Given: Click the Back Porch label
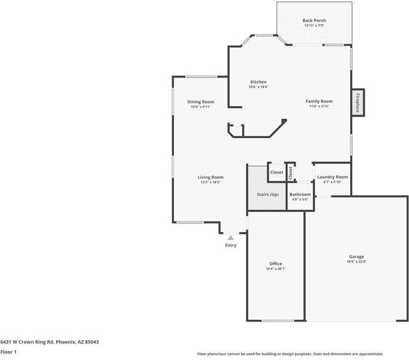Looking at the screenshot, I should click(x=314, y=20).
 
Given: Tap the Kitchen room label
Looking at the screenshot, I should click(x=258, y=82).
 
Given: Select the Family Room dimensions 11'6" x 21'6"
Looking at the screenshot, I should click(x=319, y=107).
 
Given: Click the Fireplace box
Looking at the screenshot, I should click(x=357, y=103).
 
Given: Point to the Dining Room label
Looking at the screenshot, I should click(x=200, y=102).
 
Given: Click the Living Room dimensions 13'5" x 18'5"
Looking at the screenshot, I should click(x=210, y=182).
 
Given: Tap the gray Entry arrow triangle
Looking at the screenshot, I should click(x=230, y=238).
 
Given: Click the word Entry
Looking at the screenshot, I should click(x=230, y=245).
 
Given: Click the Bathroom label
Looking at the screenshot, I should click(x=300, y=194).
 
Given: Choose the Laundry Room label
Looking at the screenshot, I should click(x=332, y=177).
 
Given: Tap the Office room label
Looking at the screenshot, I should click(x=275, y=264).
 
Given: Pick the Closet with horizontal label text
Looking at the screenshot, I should click(x=276, y=173).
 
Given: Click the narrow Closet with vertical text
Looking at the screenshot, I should click(x=290, y=173).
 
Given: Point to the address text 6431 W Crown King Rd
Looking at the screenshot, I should click(x=49, y=341).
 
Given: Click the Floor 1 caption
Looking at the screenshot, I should click(x=8, y=352).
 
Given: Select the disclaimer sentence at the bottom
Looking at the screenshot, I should click(x=290, y=354).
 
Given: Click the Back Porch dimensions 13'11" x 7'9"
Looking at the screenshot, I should click(x=314, y=26).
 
